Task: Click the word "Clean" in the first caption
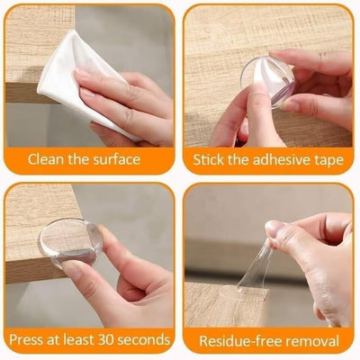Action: tap(48, 159)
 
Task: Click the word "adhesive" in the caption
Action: tap(276, 159)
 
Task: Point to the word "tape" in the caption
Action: tap(329, 160)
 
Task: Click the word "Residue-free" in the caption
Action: tap(238, 340)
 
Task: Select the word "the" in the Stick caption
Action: tap(238, 159)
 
